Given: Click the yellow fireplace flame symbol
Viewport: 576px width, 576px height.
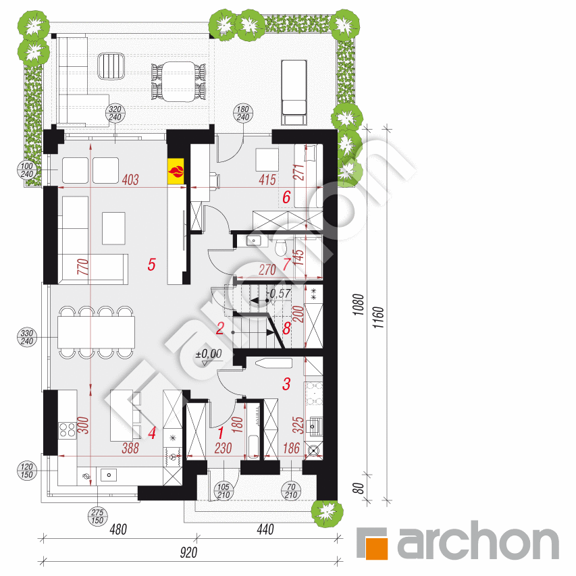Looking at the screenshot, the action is [176, 172].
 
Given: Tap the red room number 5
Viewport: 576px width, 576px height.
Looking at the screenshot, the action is [152, 265].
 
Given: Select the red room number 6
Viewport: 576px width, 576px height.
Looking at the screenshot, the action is [286, 197].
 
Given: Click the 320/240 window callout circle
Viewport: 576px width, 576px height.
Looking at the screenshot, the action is [115, 113].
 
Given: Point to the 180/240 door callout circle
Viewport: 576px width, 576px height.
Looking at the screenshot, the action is [243, 113].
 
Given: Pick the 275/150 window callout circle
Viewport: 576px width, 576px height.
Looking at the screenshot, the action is [97, 516].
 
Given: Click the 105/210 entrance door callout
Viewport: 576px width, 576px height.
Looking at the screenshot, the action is [224, 491].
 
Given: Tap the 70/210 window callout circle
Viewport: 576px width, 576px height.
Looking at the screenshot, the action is [291, 491].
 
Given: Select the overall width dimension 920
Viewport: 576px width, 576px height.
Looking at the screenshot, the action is [188, 553].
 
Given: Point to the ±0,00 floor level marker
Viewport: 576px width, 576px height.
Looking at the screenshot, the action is [209, 355].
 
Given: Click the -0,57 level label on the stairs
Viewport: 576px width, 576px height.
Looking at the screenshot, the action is [280, 294].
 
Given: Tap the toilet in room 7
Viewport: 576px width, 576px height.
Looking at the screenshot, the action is [281, 247].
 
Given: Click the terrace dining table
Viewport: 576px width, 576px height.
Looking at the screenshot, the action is [179, 82].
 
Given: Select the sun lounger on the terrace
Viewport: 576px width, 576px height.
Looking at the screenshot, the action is [294, 93].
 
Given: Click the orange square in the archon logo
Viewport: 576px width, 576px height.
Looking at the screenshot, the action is [376, 548].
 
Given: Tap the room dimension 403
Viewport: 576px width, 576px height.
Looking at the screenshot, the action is [130, 180].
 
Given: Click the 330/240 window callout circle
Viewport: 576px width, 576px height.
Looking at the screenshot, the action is [27, 337].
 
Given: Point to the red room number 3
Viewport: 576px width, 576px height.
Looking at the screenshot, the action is [286, 384].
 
